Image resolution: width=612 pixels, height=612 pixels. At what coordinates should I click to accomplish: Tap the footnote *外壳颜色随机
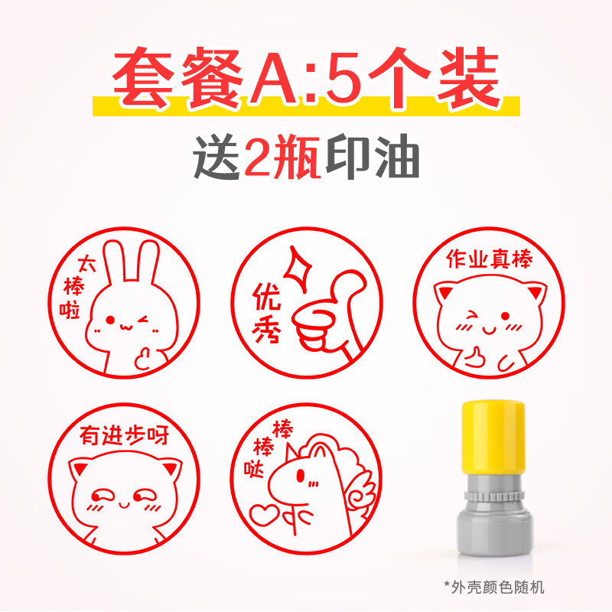(x=494, y=587)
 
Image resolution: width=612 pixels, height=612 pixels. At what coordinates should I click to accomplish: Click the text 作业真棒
(x=488, y=261)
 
